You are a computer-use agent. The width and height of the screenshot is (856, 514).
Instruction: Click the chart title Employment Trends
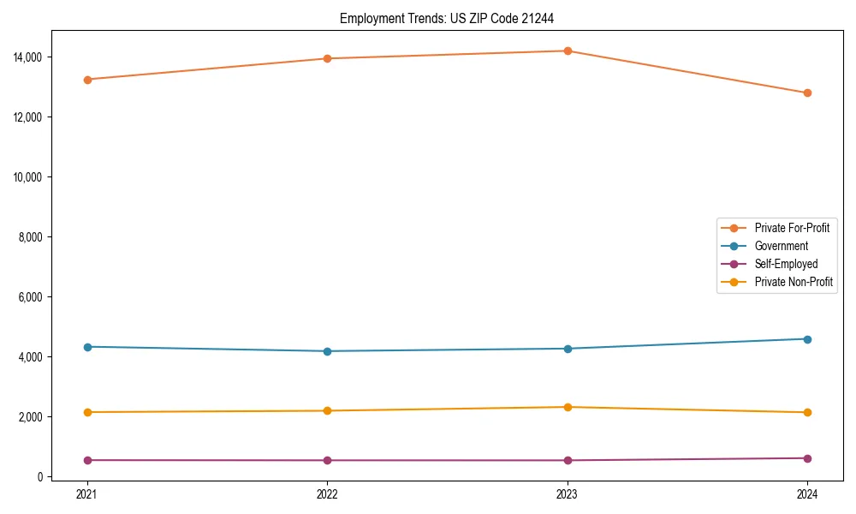click(x=453, y=18)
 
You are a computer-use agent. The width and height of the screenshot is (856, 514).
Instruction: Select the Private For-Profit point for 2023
click(x=568, y=51)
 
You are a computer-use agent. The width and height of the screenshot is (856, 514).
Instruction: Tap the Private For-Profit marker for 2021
click(x=86, y=80)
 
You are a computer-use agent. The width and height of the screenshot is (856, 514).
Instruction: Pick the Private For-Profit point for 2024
click(x=807, y=93)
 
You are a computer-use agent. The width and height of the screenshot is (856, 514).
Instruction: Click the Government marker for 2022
click(x=327, y=351)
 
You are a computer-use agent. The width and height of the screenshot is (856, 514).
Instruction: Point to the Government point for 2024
click(x=807, y=339)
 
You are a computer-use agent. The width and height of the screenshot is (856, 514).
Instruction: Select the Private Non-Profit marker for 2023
click(x=568, y=407)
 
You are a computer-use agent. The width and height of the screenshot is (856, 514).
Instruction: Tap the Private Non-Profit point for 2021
click(x=86, y=412)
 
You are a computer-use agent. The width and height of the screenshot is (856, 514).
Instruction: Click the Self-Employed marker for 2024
click(x=807, y=458)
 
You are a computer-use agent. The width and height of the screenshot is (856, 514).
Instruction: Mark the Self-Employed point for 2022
click(x=327, y=460)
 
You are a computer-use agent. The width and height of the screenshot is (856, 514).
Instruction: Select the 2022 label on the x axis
click(x=327, y=493)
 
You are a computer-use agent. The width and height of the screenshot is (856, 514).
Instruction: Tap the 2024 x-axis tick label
click(x=807, y=493)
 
